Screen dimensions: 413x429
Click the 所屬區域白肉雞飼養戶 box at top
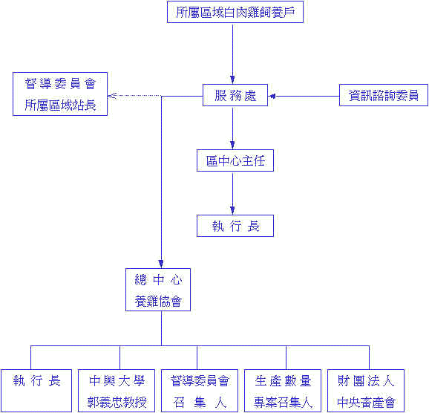(235, 12)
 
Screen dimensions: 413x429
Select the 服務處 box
(235, 95)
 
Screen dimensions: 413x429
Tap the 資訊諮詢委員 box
(383, 95)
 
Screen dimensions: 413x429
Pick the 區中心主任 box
(235, 160)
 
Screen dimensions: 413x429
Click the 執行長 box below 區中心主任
(235, 226)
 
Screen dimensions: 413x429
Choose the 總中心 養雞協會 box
(158, 290)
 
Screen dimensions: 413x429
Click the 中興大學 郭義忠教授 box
(117, 391)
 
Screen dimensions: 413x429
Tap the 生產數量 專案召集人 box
(283, 391)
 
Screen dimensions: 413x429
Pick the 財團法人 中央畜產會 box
(365, 391)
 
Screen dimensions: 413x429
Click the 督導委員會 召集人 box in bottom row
(200, 391)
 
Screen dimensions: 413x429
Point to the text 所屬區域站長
(60, 105)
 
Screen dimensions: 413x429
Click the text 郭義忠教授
(117, 403)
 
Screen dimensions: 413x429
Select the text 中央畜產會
(365, 403)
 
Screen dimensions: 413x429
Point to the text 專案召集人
(283, 403)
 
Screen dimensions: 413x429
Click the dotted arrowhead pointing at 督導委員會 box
(111, 95)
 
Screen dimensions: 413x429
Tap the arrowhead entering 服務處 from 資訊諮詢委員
(272, 95)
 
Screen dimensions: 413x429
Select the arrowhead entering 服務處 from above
(232, 79)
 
